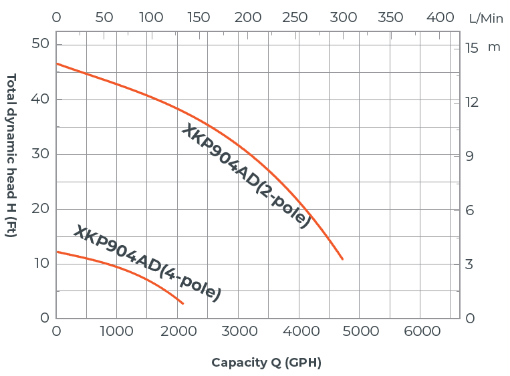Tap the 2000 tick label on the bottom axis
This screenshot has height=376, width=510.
[x=178, y=331]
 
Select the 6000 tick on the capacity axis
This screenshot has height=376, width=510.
[x=422, y=331]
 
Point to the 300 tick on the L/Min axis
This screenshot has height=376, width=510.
[x=344, y=18]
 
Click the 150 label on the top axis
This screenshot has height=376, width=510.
[x=199, y=18]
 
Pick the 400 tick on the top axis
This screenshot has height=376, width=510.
[x=440, y=18]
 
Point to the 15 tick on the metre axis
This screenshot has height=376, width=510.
[x=472, y=48]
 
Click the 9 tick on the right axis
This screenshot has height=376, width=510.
[x=472, y=156]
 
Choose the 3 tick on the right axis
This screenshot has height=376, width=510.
[x=472, y=264]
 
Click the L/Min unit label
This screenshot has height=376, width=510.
[x=486, y=19]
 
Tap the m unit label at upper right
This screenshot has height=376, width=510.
[x=494, y=47]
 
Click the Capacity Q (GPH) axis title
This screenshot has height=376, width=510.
[x=266, y=363]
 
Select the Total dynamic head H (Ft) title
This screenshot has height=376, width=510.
[x=11, y=155]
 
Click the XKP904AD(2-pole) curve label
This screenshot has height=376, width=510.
[x=246, y=176]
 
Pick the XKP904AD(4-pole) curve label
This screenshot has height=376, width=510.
[x=147, y=262]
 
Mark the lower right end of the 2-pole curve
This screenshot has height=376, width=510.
[x=343, y=259]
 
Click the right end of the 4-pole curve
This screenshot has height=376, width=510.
[x=182, y=304]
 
